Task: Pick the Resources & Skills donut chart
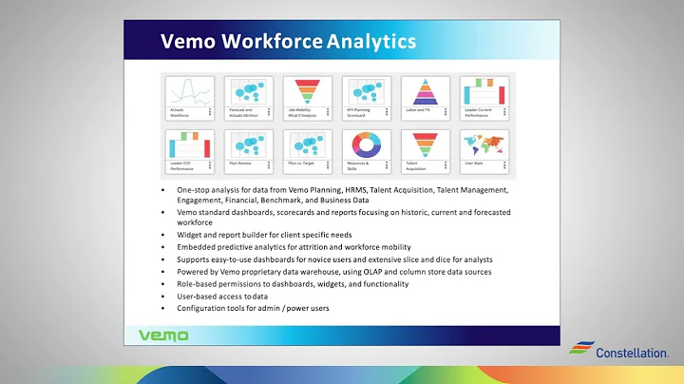pos(367,145)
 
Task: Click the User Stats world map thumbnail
pos(484,145)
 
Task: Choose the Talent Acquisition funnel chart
pos(426,145)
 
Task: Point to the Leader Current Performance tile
pos(484,93)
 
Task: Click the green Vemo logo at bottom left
pos(164,335)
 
